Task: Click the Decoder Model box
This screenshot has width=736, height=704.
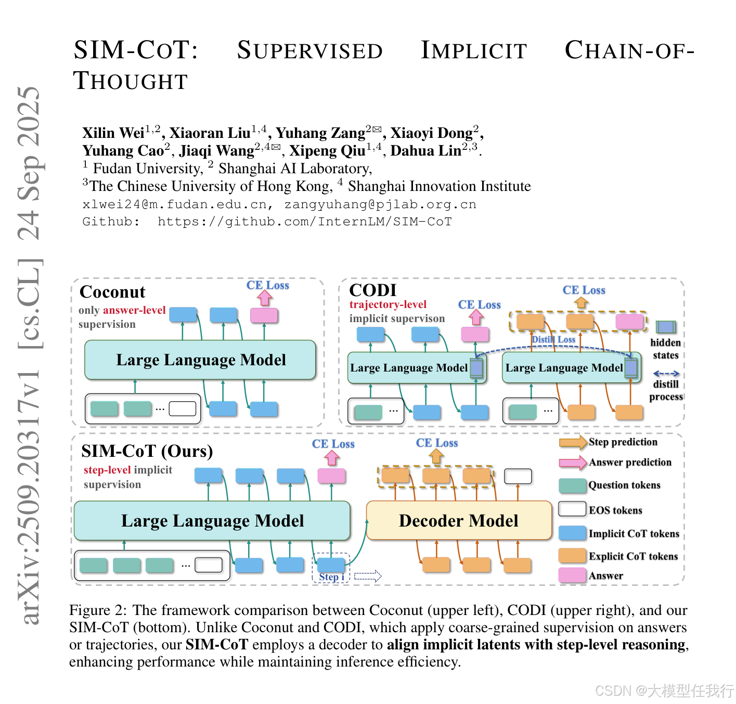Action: pyautogui.click(x=459, y=521)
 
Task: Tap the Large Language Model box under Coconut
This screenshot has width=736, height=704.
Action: pyautogui.click(x=200, y=360)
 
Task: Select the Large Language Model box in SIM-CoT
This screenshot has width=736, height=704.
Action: pyautogui.click(x=212, y=521)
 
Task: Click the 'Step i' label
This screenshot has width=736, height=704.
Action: pyautogui.click(x=331, y=577)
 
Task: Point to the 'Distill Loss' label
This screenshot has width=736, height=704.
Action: pyautogui.click(x=553, y=340)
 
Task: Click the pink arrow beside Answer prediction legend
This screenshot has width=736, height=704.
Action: pyautogui.click(x=573, y=463)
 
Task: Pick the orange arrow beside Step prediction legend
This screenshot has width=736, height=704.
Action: pyautogui.click(x=573, y=442)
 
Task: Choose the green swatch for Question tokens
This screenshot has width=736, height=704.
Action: pyautogui.click(x=572, y=485)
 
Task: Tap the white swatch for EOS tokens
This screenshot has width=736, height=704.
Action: pyautogui.click(x=572, y=509)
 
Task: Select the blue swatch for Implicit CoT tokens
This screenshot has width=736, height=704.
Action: pyautogui.click(x=572, y=533)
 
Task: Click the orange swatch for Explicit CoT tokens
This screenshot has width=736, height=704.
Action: pyautogui.click(x=572, y=556)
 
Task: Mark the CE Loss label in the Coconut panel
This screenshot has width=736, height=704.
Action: pyautogui.click(x=267, y=285)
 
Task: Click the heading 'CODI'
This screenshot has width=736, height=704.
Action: pyautogui.click(x=373, y=290)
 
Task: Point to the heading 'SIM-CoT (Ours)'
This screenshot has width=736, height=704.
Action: pyautogui.click(x=147, y=451)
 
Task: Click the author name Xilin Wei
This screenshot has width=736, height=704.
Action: pyautogui.click(x=113, y=133)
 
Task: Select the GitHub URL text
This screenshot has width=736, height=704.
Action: pyautogui.click(x=305, y=222)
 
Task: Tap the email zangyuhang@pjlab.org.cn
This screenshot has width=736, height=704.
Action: pyautogui.click(x=380, y=204)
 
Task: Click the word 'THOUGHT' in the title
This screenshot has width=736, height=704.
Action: pyautogui.click(x=131, y=82)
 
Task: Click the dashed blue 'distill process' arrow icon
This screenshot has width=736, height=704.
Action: pyautogui.click(x=666, y=374)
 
